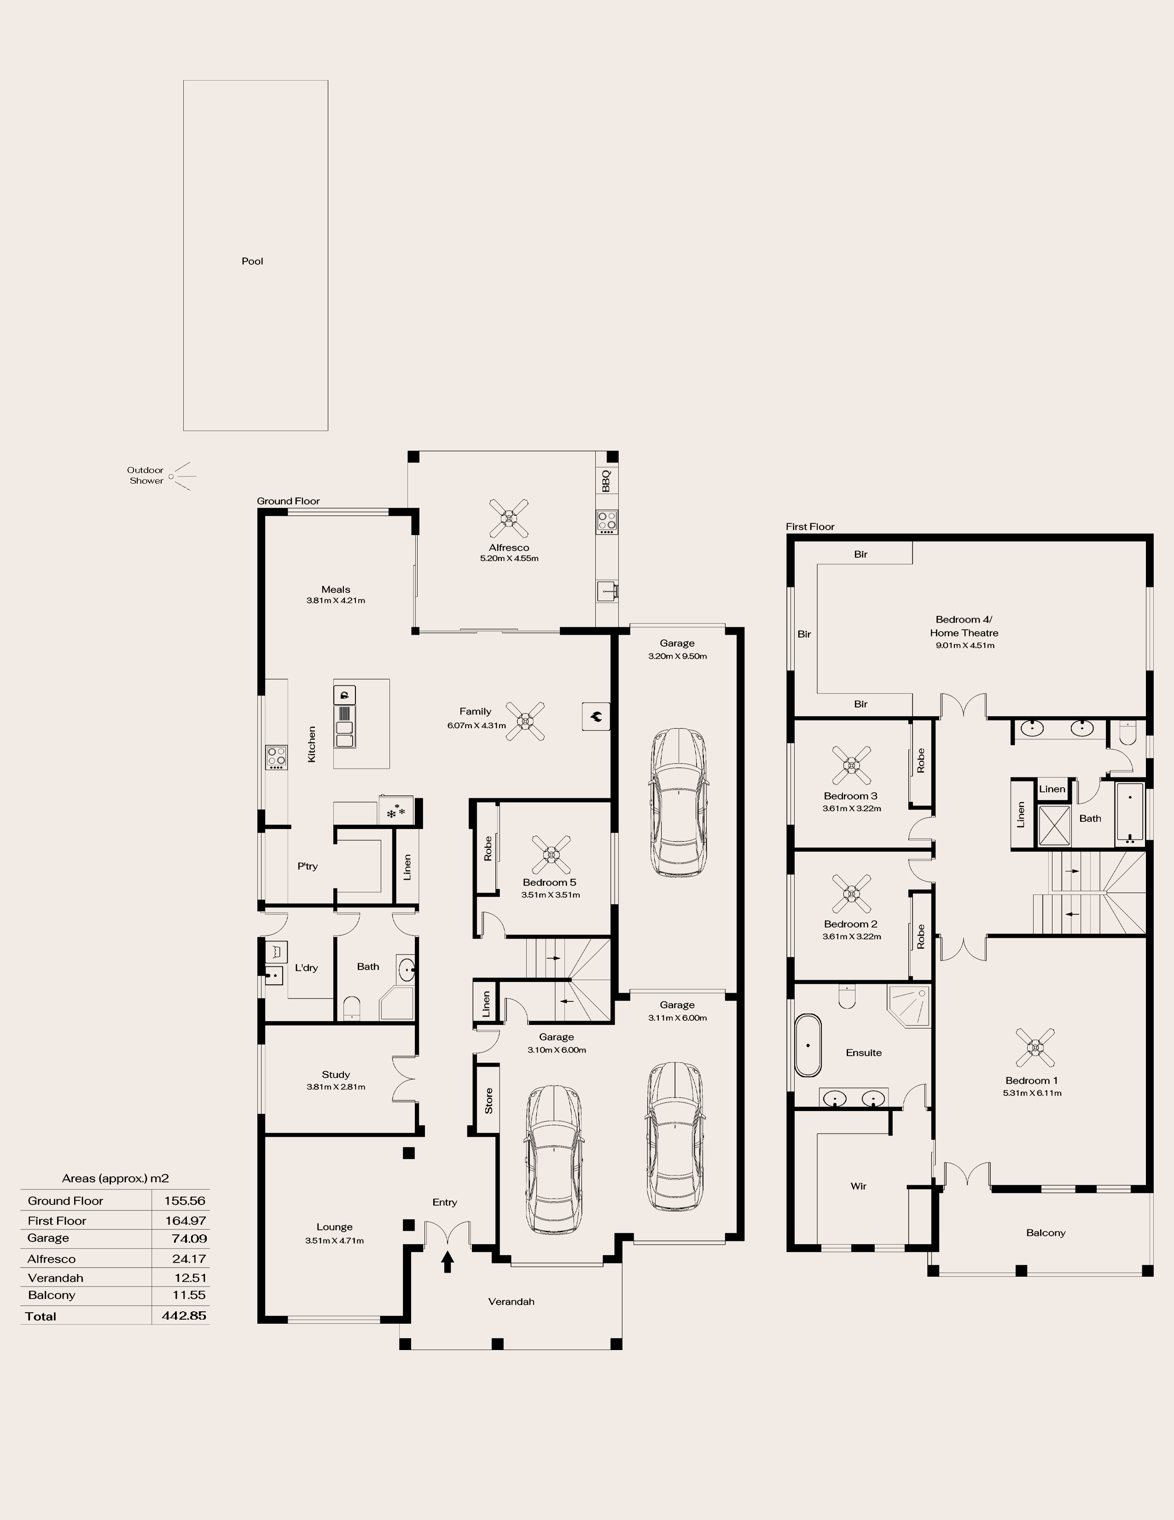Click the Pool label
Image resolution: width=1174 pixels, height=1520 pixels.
tap(252, 262)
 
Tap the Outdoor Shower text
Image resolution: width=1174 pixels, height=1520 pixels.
tap(145, 475)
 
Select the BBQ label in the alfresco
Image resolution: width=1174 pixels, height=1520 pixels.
tap(606, 480)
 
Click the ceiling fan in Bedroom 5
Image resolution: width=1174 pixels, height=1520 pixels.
tap(552, 854)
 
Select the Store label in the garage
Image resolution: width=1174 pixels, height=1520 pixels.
tap(489, 1100)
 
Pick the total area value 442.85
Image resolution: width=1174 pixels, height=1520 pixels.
tap(184, 1316)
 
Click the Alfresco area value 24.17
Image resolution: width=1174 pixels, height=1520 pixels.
tap(189, 1258)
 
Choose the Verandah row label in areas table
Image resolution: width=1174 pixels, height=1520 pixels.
tap(56, 1278)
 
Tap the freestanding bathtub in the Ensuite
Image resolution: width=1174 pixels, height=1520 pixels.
tap(808, 1046)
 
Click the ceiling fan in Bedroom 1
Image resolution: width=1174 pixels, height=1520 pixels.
tap(1035, 1047)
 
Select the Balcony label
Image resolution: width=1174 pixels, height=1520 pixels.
tap(1046, 1233)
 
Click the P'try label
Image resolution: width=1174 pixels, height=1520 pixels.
tap(308, 866)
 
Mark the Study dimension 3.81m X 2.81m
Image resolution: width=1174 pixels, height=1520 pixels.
tap(336, 1087)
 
